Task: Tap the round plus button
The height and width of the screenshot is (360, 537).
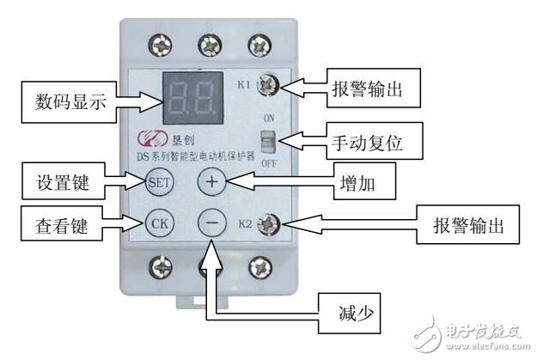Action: (x=212, y=181)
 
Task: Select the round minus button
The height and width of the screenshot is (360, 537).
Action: (x=212, y=222)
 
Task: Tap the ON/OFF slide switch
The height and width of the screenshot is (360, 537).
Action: (x=271, y=138)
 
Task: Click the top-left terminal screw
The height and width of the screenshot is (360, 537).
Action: (x=158, y=43)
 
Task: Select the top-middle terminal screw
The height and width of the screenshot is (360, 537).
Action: (x=207, y=43)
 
